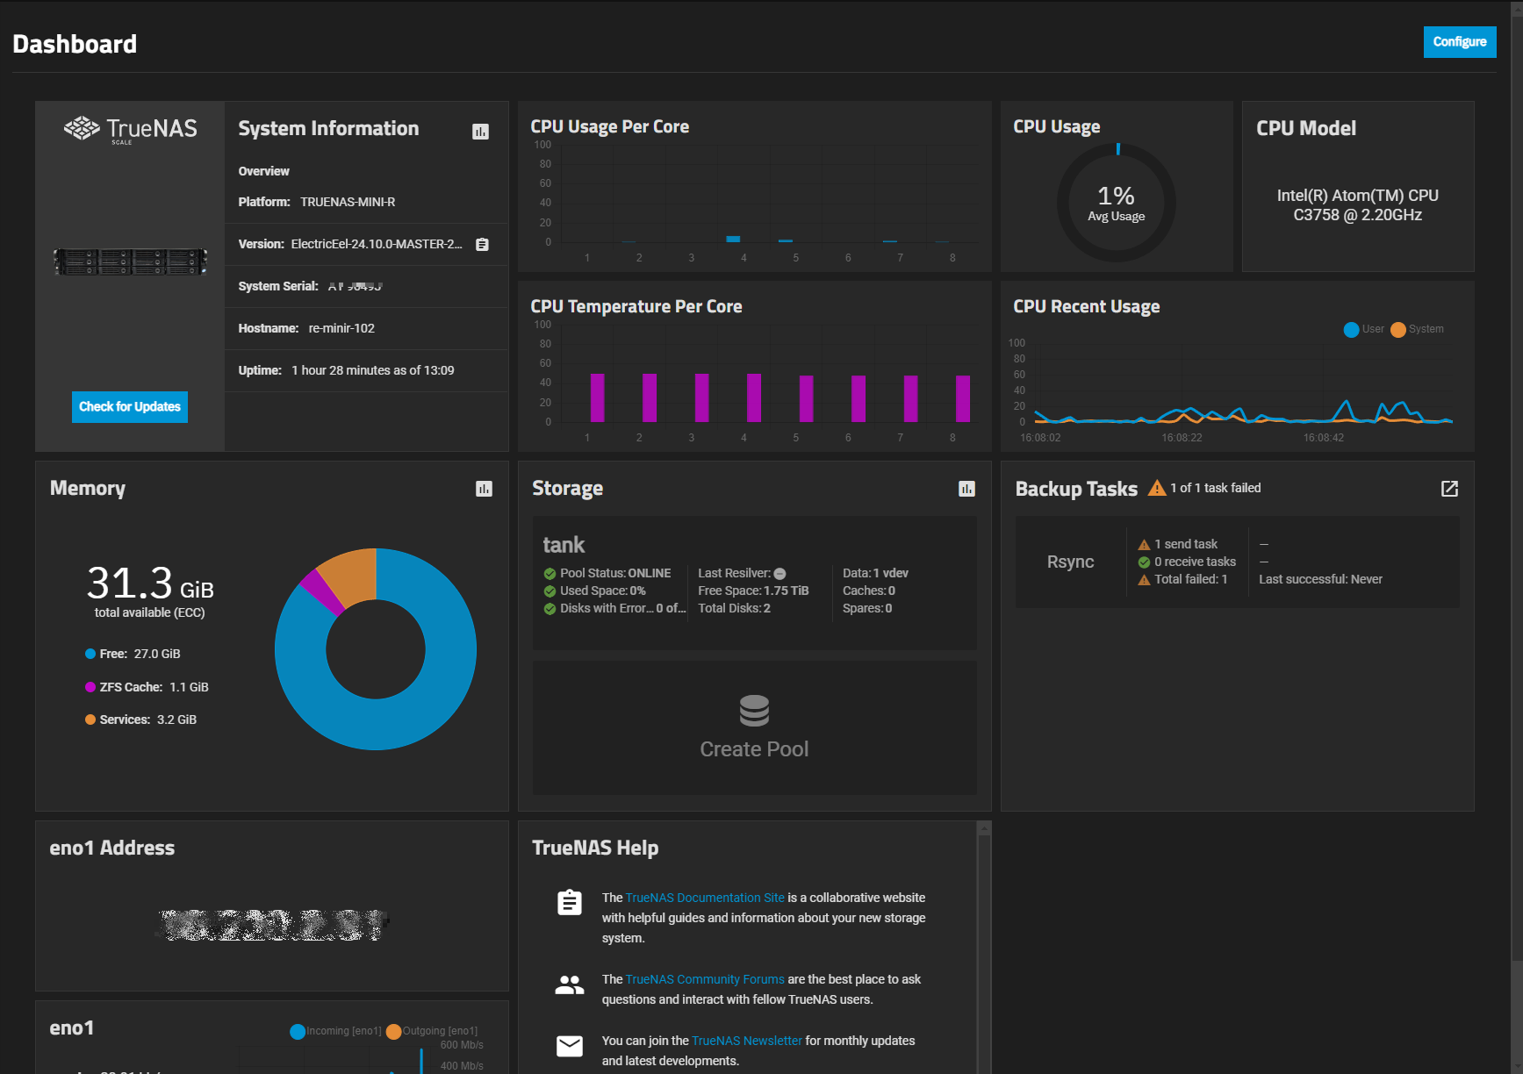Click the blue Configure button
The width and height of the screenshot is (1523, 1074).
(x=1459, y=42)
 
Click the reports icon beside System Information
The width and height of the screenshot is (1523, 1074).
(x=480, y=132)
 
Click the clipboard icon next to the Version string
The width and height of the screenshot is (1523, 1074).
(x=482, y=245)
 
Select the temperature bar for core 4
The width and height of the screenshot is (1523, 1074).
(x=754, y=398)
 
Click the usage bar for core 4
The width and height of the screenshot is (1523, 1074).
(x=733, y=239)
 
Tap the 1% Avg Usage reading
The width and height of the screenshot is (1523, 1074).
(x=1116, y=203)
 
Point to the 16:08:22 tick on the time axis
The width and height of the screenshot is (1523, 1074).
(x=1182, y=437)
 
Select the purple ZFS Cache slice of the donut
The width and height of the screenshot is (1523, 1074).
(x=322, y=592)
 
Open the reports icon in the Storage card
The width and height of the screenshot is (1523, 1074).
(x=966, y=489)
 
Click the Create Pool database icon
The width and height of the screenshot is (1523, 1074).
(x=754, y=711)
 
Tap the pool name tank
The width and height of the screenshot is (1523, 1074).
(x=564, y=545)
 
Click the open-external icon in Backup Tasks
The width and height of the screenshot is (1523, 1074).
(x=1449, y=489)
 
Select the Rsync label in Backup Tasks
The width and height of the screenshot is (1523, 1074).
(x=1070, y=562)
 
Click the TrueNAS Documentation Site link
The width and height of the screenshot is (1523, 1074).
(x=704, y=898)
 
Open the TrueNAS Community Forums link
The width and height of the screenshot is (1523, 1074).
(x=704, y=979)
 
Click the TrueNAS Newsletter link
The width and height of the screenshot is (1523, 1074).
(x=746, y=1041)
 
